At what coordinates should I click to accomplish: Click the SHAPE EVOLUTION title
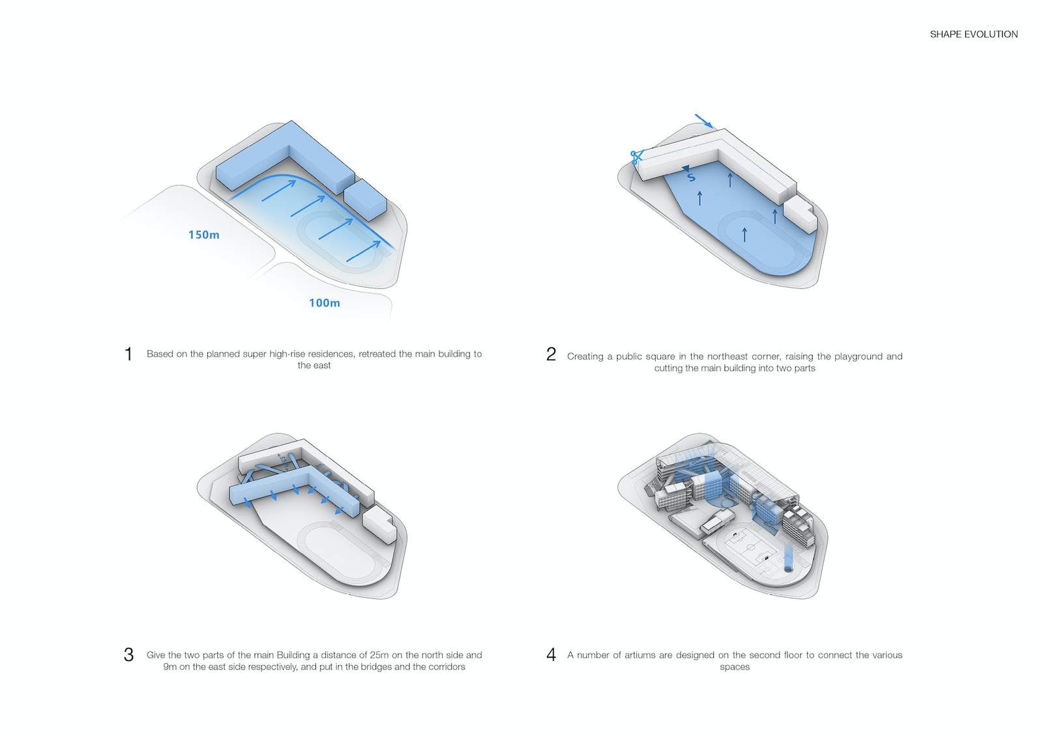point(974,34)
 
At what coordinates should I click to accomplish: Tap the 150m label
point(203,234)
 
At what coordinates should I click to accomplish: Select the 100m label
point(325,303)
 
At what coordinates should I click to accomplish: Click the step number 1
point(128,354)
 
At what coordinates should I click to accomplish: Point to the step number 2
point(551,354)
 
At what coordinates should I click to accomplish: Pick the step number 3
point(128,654)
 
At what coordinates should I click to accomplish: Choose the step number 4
point(551,654)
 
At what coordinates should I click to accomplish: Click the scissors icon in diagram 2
point(636,157)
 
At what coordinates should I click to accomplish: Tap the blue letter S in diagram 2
point(691,177)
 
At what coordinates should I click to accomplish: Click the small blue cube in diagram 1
point(365,200)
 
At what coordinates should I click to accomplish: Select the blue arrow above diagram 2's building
point(703,121)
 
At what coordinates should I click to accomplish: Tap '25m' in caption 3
point(379,655)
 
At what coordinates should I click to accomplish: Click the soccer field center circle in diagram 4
point(750,547)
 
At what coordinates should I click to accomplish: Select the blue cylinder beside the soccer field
point(788,559)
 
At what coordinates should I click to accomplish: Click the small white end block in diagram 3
point(380,525)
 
